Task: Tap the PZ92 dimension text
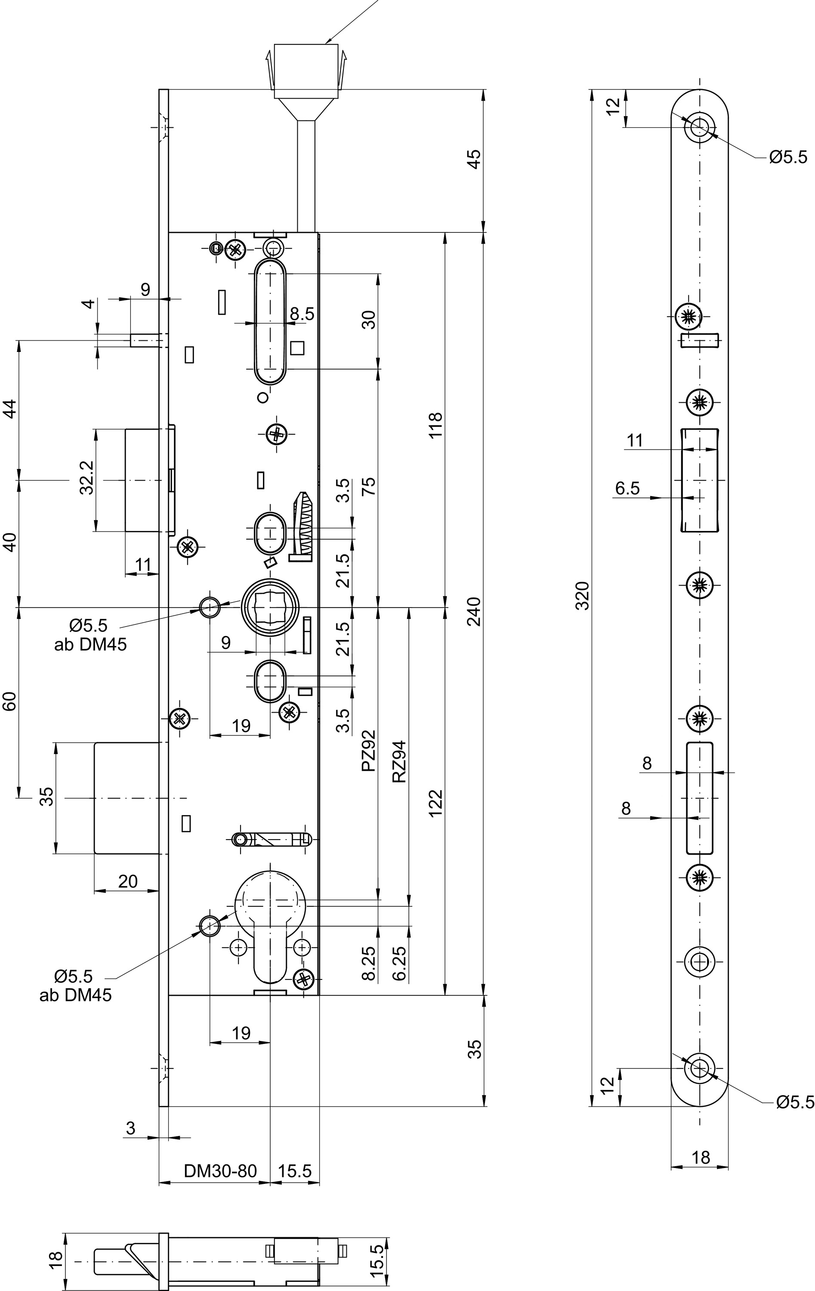(x=368, y=751)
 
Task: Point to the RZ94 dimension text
(x=399, y=762)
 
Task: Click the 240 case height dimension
(x=475, y=611)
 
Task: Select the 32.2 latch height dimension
(x=87, y=478)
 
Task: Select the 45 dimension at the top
(x=475, y=159)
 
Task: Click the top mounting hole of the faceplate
(x=699, y=128)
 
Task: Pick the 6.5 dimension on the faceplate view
(x=627, y=488)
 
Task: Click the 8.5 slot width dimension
(x=302, y=314)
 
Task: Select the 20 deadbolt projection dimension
(x=128, y=881)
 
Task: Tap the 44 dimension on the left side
(x=11, y=410)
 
